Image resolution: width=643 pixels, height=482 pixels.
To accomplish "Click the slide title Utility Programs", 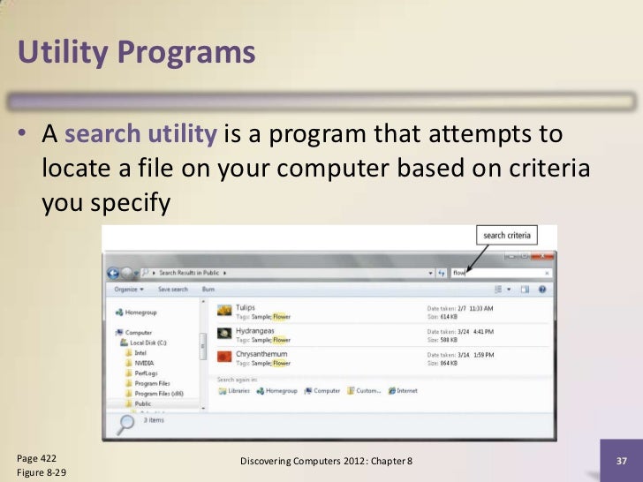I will (136, 55).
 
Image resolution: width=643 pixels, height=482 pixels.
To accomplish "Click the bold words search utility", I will (140, 135).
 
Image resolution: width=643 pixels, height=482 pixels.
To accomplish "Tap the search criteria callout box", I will (507, 235).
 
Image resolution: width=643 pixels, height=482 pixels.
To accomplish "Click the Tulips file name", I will (246, 307).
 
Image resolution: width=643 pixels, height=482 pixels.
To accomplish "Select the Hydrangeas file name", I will (254, 331).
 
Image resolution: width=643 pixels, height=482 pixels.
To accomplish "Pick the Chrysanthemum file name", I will (263, 354).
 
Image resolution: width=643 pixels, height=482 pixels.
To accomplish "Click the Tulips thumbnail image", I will (224, 311).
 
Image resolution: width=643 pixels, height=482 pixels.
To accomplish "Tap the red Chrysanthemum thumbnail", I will (224, 358).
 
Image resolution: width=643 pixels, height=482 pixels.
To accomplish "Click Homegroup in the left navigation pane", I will (142, 312).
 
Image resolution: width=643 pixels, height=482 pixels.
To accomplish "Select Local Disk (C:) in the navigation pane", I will (148, 342).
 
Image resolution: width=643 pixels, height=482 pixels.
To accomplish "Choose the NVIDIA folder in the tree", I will (143, 362).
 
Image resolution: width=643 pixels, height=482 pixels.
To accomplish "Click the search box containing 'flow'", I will (499, 273).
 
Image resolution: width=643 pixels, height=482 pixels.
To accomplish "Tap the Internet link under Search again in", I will (407, 390).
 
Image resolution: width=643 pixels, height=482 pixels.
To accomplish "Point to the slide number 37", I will (620, 462).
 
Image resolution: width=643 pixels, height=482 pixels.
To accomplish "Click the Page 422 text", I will (37, 458).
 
